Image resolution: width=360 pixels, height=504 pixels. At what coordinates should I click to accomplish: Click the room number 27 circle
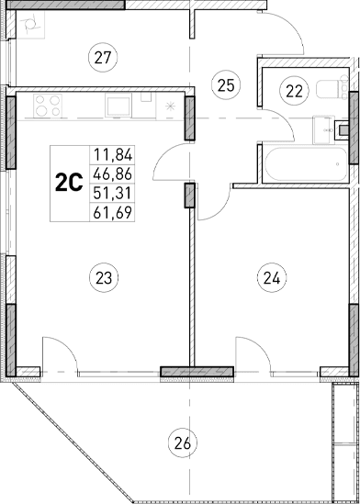click(x=103, y=59)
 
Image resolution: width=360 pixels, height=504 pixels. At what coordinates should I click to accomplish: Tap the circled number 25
click(x=225, y=85)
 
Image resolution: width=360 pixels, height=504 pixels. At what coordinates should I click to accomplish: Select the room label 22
click(x=293, y=90)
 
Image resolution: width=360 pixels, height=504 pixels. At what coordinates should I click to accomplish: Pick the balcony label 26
click(x=182, y=444)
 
